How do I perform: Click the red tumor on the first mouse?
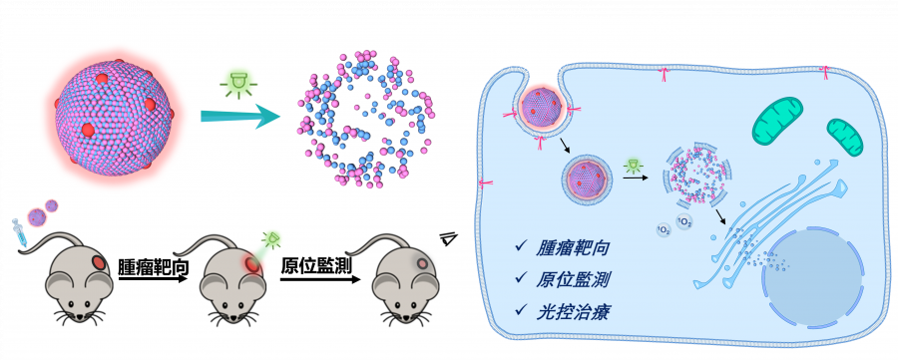(x=99, y=263)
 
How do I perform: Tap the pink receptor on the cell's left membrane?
(x=483, y=182)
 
